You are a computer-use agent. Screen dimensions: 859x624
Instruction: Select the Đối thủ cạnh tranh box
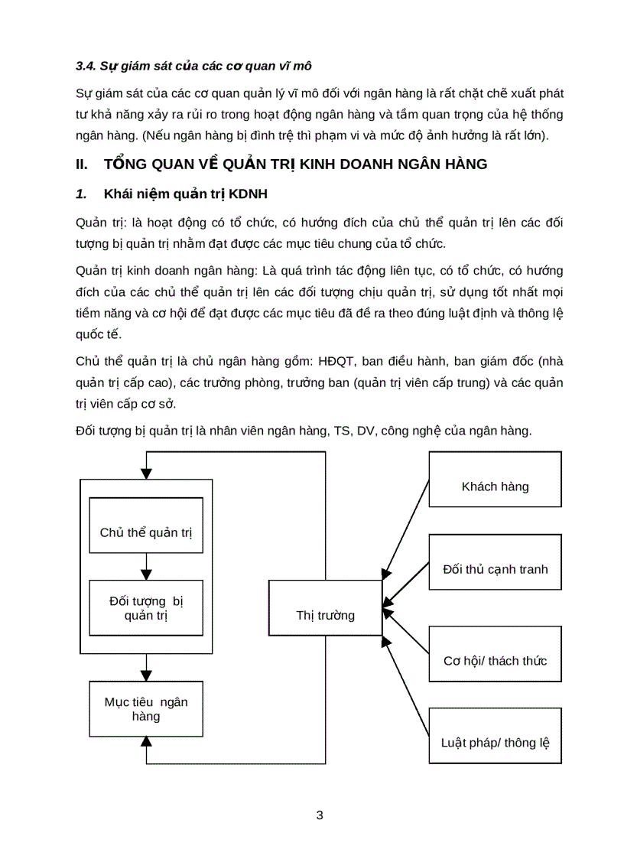[x=495, y=569]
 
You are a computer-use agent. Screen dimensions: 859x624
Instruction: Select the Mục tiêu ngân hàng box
[x=146, y=709]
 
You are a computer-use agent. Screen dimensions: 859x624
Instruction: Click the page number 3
[x=320, y=815]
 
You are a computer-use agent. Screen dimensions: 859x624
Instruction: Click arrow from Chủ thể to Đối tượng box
[x=146, y=567]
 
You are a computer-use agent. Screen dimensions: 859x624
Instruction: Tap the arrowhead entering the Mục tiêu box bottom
[x=146, y=751]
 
